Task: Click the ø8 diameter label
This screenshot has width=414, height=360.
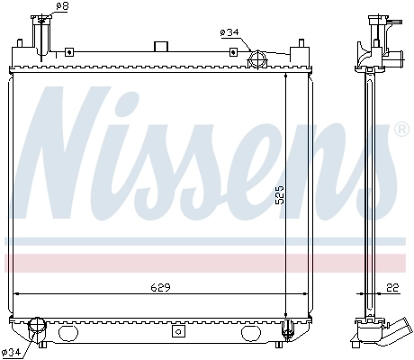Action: pos(61,7)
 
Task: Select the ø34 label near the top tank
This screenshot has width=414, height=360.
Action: pos(229,33)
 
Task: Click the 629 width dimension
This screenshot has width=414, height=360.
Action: pos(160,287)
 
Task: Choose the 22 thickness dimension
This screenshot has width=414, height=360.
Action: pos(391,287)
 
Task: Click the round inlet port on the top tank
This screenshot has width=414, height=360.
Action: pos(256,61)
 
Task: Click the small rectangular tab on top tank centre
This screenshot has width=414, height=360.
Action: pos(161,46)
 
